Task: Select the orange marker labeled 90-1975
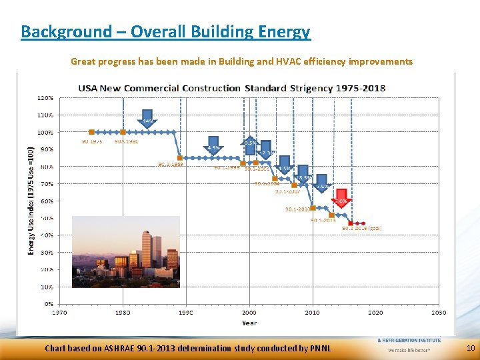coord(91,132)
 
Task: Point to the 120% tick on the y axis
coord(45,97)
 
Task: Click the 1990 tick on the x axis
coord(185,311)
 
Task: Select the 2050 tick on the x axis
coord(438,311)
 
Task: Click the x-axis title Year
coord(249,323)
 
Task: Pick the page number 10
coord(471,348)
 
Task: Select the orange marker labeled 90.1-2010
coord(313,208)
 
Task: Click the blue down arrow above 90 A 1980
coord(147,119)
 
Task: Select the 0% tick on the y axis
coord(48,304)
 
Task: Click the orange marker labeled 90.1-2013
coord(331,215)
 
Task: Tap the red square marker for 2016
coord(351,223)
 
